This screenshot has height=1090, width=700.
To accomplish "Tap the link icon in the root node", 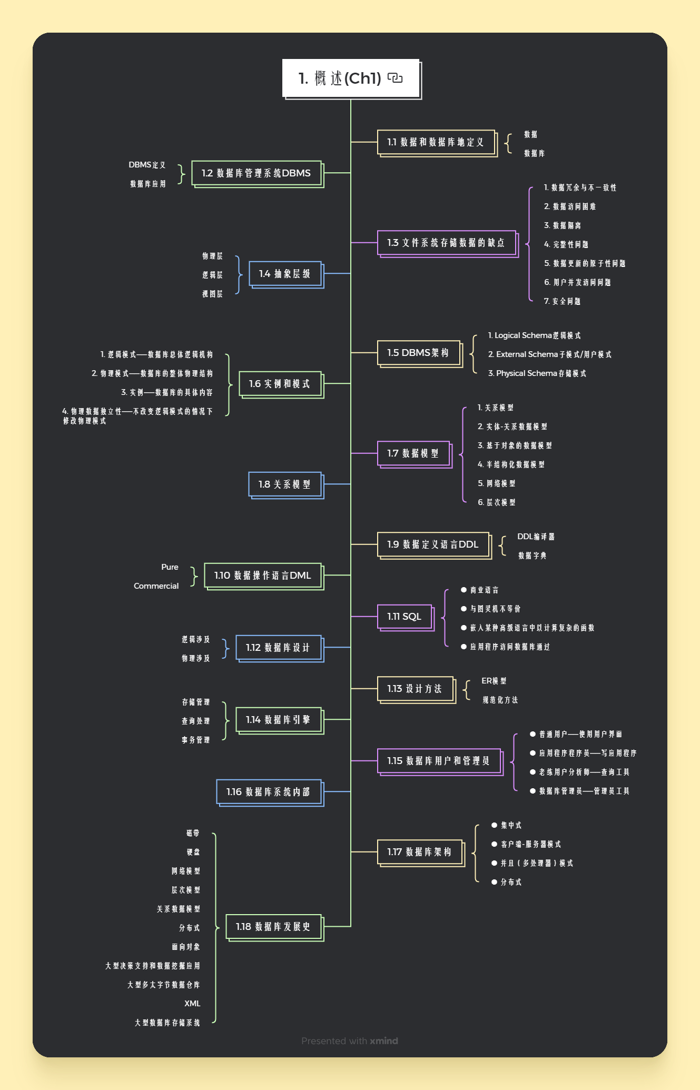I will coord(395,78).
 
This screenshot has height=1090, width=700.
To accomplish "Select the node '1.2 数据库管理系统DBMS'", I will coord(256,173).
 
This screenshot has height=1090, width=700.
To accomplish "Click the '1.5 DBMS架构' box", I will coord(418,352).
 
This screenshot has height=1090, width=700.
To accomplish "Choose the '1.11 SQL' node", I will coord(405,616).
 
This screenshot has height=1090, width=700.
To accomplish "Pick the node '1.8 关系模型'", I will coord(284,484).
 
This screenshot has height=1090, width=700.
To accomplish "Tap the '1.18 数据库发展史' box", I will coord(273,926).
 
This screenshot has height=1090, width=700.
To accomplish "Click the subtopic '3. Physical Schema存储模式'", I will coord(537,373).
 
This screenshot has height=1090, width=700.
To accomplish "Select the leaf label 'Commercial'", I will coord(156,586).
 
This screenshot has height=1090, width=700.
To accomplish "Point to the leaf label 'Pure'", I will coord(170,567).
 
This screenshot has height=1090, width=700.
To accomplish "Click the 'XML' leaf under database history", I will coord(192,1003).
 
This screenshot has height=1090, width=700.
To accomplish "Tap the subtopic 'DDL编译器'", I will coord(536,536).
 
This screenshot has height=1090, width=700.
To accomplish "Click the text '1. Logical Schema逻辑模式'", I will coord(534,335).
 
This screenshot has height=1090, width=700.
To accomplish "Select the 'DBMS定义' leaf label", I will coord(147,164).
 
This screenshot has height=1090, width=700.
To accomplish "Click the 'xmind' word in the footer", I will coord(384,1041).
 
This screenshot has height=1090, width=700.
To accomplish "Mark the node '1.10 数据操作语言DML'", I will coord(263,575).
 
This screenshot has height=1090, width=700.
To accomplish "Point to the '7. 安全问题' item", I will coord(562,301).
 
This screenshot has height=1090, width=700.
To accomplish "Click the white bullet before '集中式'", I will coord(494,825).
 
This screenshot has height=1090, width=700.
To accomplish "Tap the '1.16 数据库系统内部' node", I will coord(268,791).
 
